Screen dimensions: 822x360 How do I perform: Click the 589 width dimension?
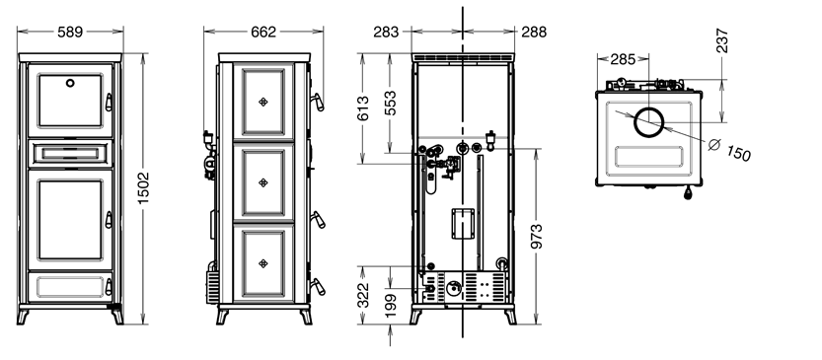(70, 32)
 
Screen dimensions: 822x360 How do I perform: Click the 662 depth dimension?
(263, 32)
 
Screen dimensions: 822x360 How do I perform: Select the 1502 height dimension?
(143, 188)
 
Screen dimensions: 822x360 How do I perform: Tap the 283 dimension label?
(387, 32)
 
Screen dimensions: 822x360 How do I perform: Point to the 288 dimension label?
(534, 32)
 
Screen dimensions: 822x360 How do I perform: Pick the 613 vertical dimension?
(363, 108)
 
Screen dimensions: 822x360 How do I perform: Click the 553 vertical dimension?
(390, 104)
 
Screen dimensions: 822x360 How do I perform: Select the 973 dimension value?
(536, 237)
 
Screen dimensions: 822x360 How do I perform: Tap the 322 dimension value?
(363, 295)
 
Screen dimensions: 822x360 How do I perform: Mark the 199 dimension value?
(391, 306)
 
